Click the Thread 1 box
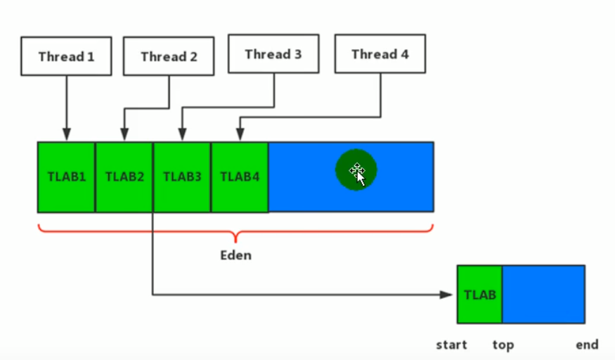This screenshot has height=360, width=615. (66, 56)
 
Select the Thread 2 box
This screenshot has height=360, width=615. (169, 57)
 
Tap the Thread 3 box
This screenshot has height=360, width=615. (274, 54)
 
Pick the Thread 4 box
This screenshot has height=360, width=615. (380, 54)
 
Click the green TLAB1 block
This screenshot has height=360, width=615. (67, 176)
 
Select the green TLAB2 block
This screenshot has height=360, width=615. (124, 176)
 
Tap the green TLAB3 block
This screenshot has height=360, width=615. (182, 176)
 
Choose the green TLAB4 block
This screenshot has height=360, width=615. (240, 176)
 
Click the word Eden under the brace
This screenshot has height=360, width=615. (235, 255)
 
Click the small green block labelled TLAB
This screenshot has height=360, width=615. (480, 294)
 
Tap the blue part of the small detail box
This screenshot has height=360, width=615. (543, 294)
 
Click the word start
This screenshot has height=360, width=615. (452, 345)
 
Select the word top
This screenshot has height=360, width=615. (503, 345)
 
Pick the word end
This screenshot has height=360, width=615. (587, 345)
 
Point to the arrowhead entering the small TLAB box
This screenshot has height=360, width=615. (447, 295)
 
